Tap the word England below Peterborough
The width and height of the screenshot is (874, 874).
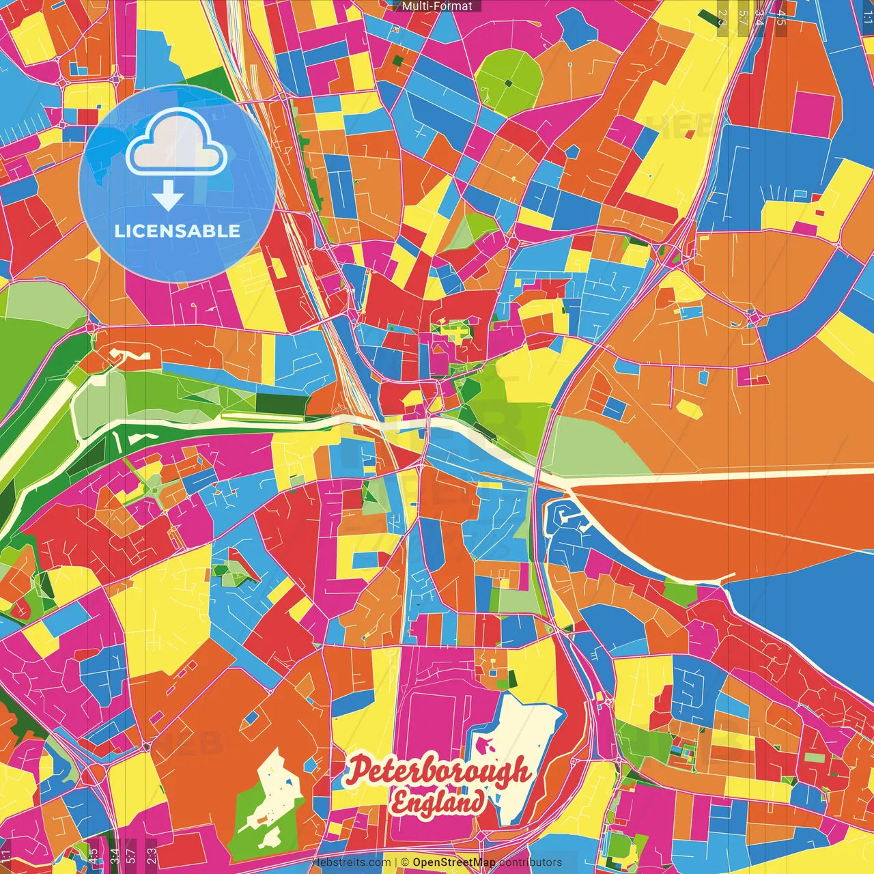(x=437, y=802)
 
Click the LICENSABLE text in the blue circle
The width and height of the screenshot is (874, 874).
(x=178, y=231)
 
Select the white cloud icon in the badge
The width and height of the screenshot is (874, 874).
(x=176, y=141)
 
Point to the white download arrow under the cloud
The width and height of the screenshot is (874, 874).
(x=167, y=197)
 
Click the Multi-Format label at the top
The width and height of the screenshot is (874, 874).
(x=437, y=6)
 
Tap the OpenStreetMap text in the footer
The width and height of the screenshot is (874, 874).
(x=453, y=862)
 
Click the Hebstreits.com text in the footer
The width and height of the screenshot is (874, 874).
(x=351, y=862)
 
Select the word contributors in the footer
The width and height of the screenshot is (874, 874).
(x=531, y=862)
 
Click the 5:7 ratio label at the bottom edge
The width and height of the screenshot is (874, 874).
(x=130, y=855)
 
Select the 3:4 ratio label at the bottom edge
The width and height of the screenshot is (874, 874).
(x=114, y=855)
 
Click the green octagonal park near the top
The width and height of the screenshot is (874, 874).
(x=509, y=79)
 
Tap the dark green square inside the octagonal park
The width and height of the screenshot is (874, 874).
(x=507, y=83)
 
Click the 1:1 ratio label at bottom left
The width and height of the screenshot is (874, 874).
(x=6, y=855)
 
